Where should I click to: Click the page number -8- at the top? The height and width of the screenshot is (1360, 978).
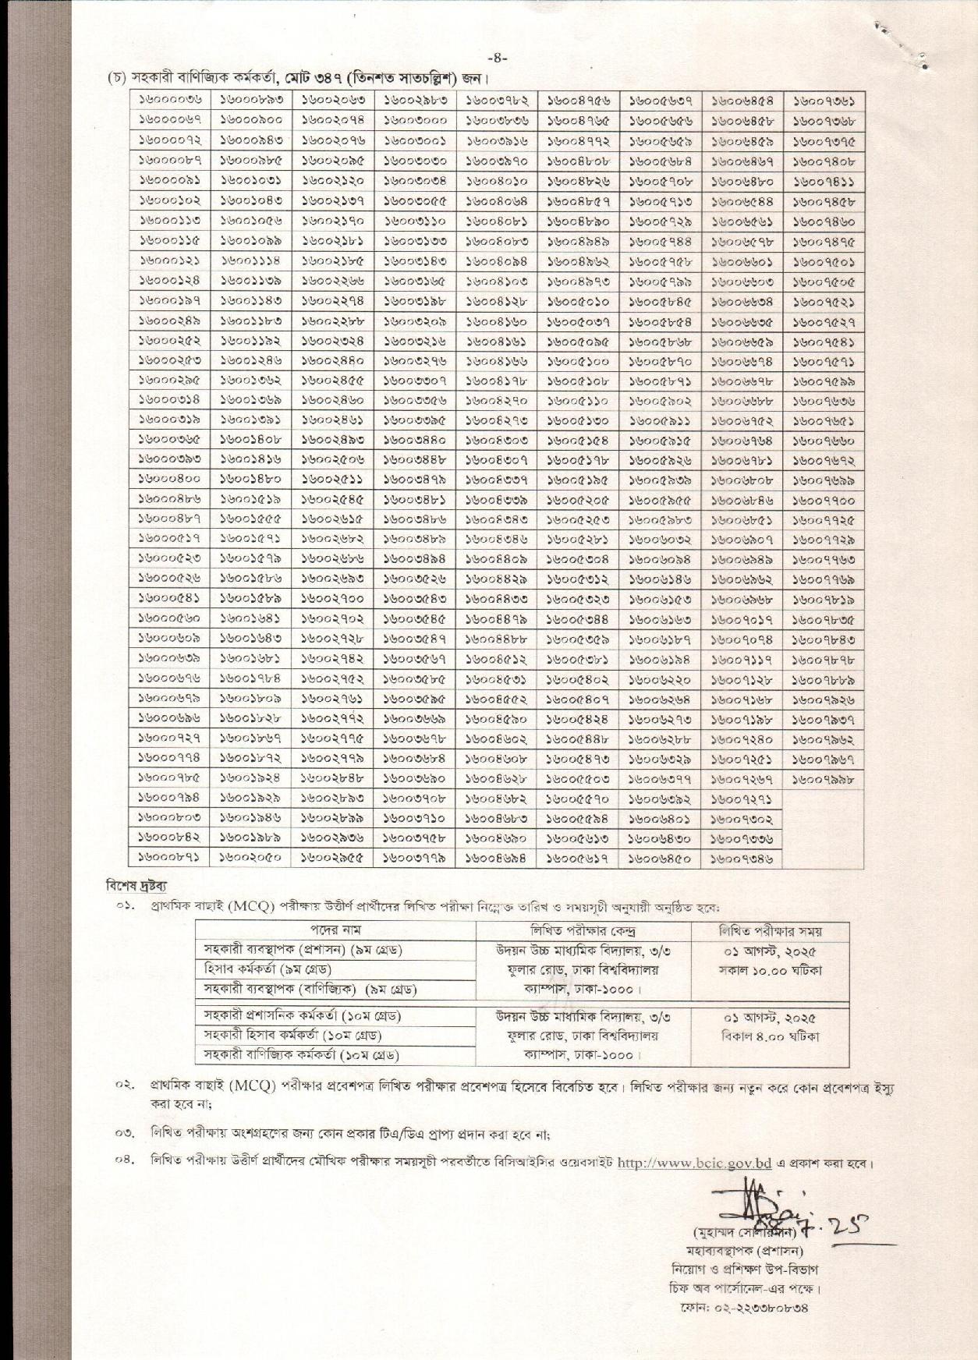coord(497,58)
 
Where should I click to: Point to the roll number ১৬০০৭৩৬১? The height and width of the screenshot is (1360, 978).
coord(824,101)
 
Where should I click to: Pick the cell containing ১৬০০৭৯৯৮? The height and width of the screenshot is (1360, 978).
coord(824,779)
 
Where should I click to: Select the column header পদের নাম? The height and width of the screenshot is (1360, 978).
coord(335,930)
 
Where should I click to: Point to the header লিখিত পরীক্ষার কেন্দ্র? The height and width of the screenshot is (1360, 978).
coord(583,930)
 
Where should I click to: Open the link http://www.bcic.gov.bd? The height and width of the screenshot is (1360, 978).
coord(694,1163)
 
